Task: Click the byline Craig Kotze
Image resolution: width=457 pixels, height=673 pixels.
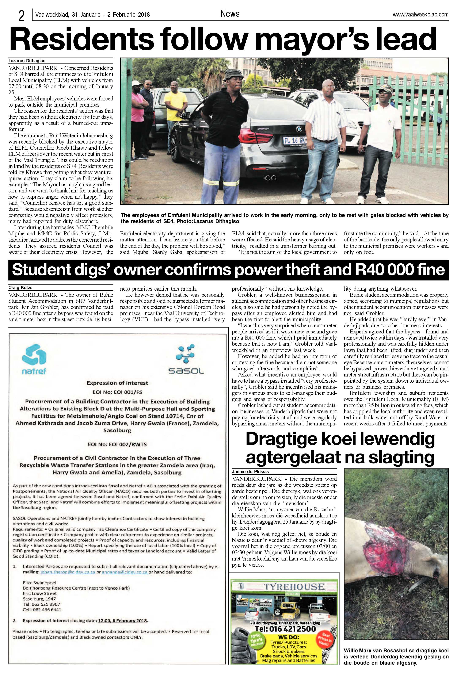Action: [20, 288]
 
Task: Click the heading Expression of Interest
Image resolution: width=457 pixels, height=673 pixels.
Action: [117, 383]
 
